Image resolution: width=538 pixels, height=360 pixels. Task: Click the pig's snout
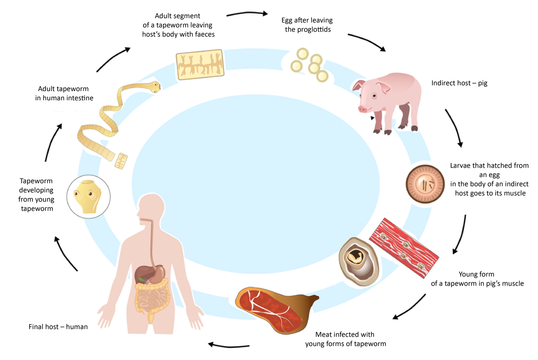point(362,109)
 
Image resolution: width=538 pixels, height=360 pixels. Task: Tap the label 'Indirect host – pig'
point(459,83)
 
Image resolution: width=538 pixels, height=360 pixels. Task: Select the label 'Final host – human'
point(58,327)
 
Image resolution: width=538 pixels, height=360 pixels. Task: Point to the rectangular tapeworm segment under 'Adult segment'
point(200,64)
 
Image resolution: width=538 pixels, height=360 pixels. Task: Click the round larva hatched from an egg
point(425,184)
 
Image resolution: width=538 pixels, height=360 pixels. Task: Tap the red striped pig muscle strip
point(404,248)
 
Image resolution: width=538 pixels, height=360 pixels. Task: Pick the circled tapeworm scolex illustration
point(88,197)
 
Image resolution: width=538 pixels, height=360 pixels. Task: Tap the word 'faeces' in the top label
point(205,34)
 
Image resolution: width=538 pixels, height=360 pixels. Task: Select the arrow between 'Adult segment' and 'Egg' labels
point(247,13)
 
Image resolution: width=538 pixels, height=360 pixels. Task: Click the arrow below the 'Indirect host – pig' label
point(454,127)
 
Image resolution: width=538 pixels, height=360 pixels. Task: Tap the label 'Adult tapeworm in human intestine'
point(64,93)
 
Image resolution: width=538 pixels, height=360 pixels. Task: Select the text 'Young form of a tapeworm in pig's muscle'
point(477,279)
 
